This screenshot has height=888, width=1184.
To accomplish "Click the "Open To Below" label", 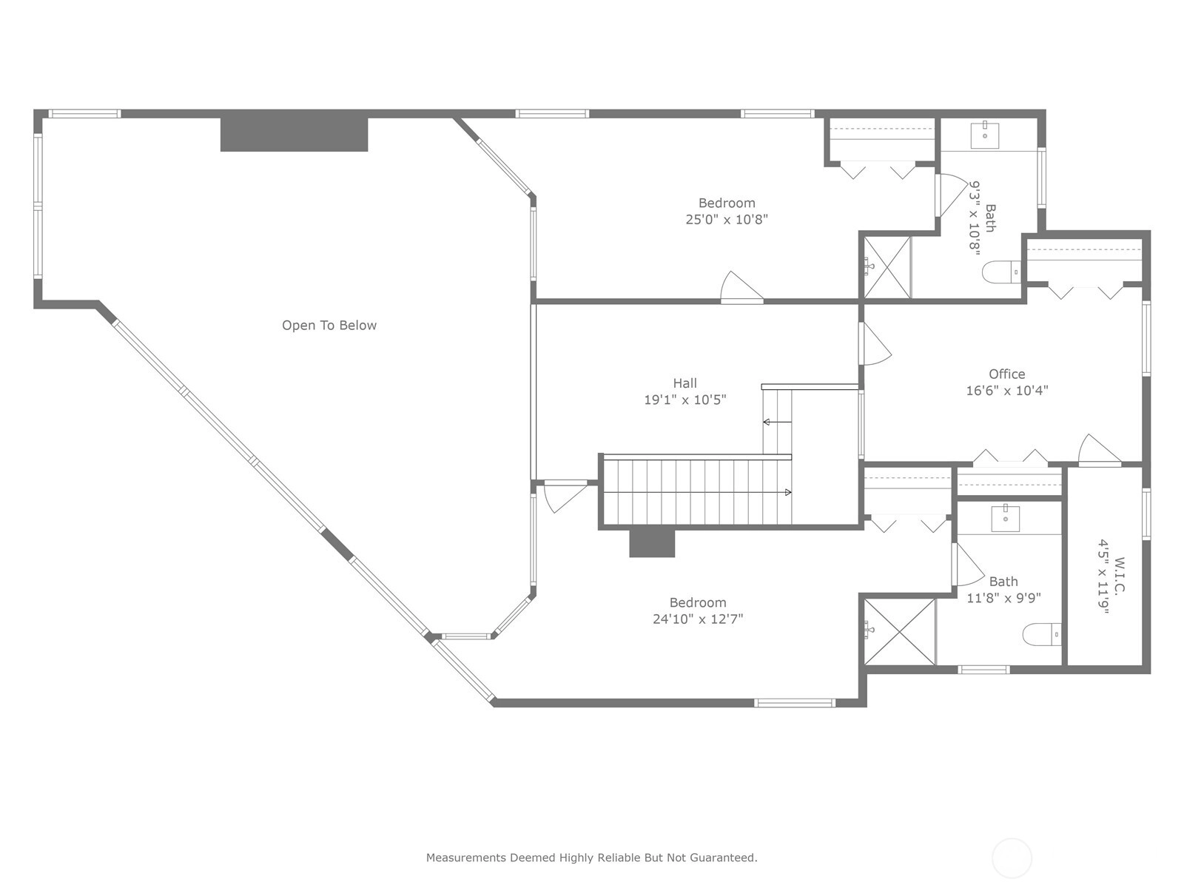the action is click(329, 325).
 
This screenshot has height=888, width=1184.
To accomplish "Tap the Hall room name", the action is click(684, 383).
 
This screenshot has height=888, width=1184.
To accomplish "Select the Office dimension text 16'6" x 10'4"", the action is click(1006, 391).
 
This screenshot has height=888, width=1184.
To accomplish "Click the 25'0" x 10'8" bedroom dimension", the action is click(727, 220).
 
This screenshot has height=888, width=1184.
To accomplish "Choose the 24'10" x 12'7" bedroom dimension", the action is click(698, 619).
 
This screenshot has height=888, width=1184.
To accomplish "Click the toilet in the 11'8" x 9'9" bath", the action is click(1042, 634).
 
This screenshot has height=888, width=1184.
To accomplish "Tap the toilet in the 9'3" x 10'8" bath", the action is click(1001, 272).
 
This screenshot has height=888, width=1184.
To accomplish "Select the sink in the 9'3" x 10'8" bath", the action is click(984, 135).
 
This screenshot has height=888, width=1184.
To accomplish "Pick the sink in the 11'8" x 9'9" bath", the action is click(1006, 519).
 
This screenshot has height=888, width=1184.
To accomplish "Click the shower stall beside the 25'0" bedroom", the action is click(887, 267).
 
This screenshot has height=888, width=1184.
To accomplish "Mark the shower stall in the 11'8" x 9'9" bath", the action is click(900, 632).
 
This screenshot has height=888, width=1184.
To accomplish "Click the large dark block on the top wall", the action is click(294, 134).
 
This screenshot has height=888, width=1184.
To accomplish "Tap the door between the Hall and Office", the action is click(875, 343).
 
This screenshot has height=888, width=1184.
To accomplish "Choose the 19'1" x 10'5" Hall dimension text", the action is click(685, 400).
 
